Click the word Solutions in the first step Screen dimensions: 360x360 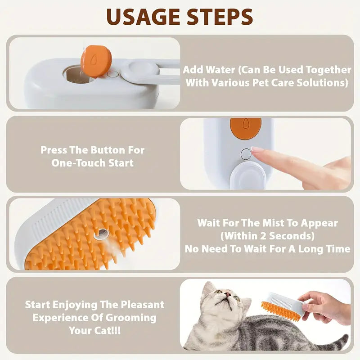323,83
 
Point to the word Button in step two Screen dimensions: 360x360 106,150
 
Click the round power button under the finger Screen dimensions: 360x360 246,154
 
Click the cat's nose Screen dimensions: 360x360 228,294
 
